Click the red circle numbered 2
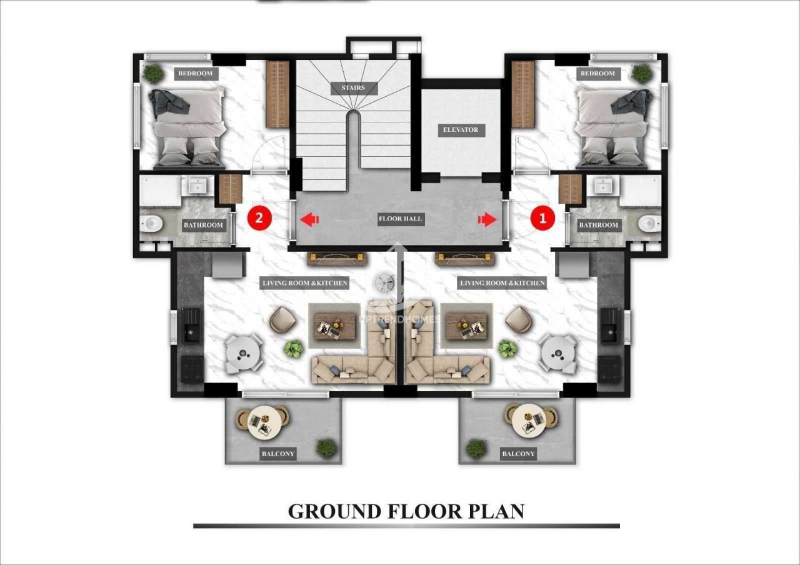(x=259, y=218)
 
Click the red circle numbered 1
(x=542, y=218)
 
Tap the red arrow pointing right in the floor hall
(x=487, y=219)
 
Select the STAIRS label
(x=353, y=88)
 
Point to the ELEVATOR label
(x=461, y=130)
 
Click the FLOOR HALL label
(x=401, y=219)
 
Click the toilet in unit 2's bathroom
(x=151, y=224)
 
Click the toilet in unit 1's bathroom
(x=649, y=224)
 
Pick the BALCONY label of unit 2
(x=278, y=454)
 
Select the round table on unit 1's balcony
(x=529, y=421)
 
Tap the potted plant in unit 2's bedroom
(x=153, y=74)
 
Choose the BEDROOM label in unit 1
(x=597, y=74)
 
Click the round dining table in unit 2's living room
(x=244, y=354)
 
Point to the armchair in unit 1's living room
(x=519, y=319)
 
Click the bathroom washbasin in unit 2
(x=197, y=186)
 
